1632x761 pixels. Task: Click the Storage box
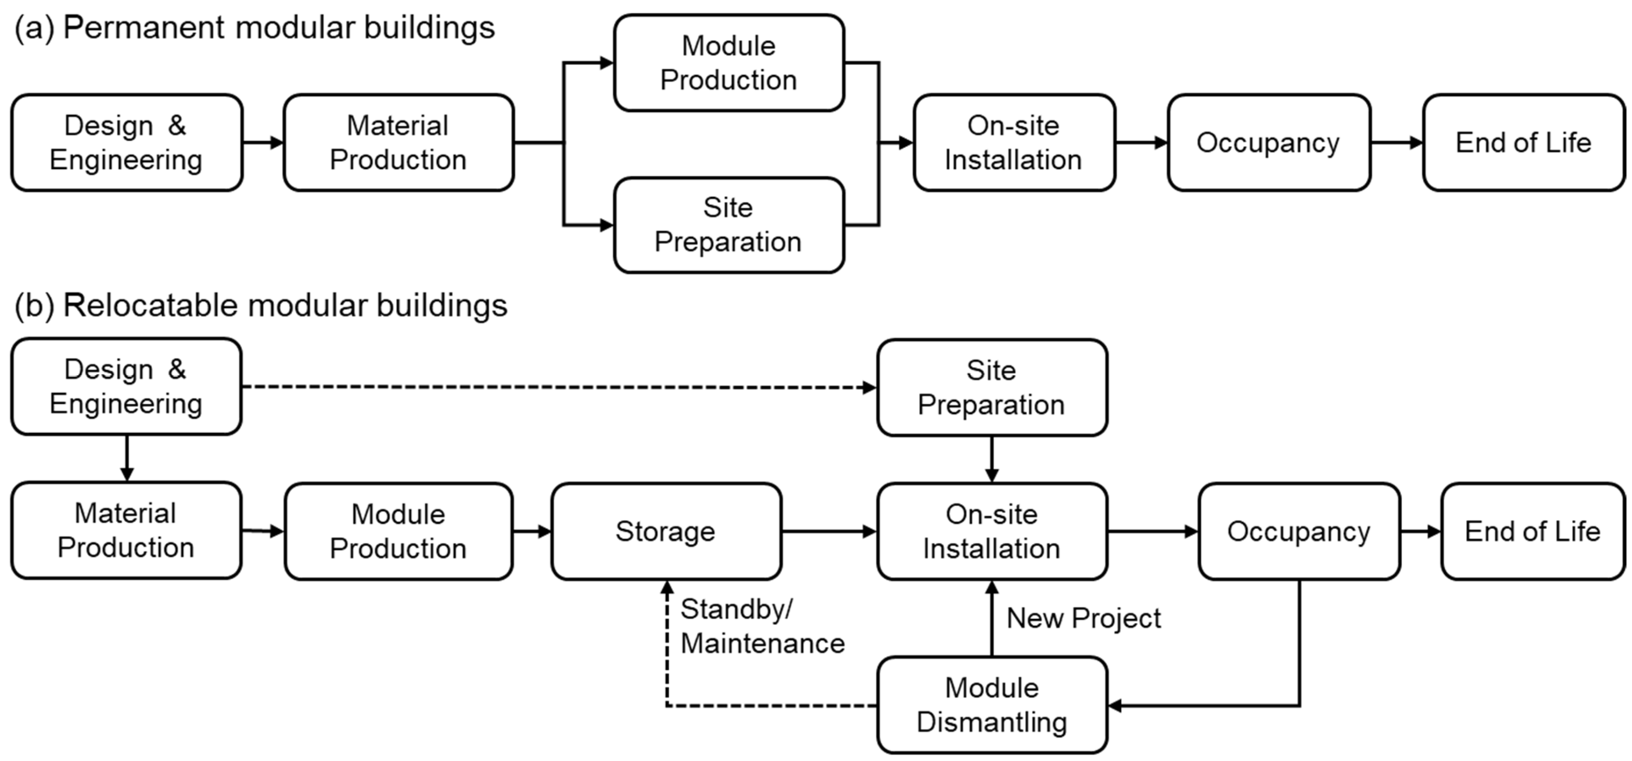pos(666,531)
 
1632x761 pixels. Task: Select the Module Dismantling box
pos(991,705)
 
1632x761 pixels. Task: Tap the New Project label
pos(1083,618)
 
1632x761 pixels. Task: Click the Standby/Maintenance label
pos(761,626)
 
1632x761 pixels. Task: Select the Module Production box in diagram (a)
pos(729,63)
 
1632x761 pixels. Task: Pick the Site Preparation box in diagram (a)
pos(729,225)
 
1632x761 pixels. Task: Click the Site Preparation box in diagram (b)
pos(991,387)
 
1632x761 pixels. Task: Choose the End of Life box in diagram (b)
pos(1532,531)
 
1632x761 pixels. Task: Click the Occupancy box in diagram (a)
pos(1268,142)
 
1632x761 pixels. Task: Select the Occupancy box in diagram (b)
pos(1299,531)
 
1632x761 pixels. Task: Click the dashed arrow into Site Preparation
pos(557,387)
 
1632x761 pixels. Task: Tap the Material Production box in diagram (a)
pos(398,142)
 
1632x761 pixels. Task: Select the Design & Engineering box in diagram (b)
pos(126,386)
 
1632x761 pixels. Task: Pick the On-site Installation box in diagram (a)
pos(1014,142)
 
